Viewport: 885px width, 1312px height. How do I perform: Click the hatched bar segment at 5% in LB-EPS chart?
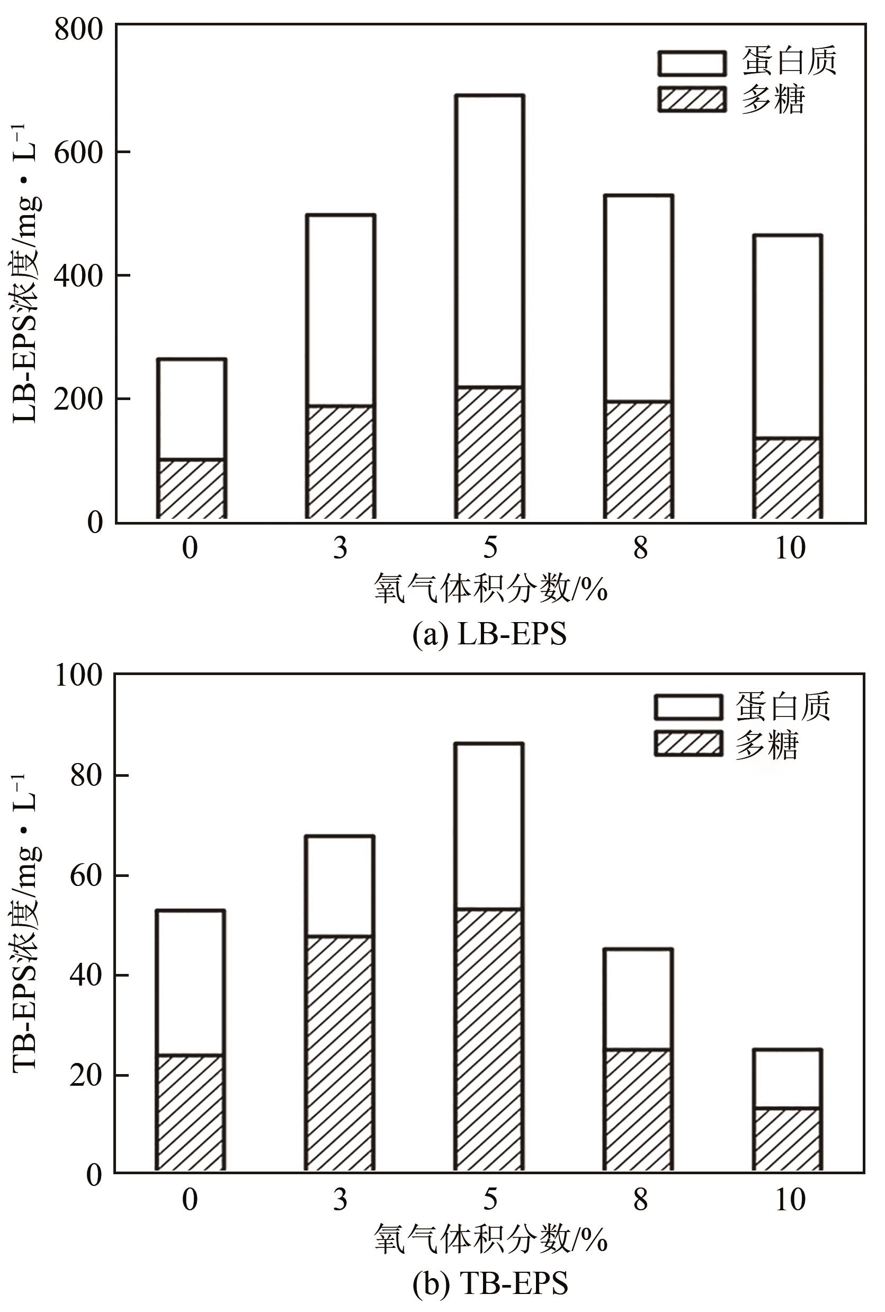pos(489,453)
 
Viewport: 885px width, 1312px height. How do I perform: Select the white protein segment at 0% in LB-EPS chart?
pos(191,409)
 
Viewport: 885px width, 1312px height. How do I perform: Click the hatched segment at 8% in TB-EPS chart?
pos(638,1110)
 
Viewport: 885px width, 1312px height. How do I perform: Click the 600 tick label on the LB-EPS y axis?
pos(79,153)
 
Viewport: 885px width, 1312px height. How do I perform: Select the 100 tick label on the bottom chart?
pos(79,675)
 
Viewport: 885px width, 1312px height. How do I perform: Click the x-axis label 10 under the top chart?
pos(790,547)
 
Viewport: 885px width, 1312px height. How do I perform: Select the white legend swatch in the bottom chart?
pos(688,707)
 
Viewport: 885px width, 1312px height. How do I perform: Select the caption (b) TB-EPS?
pos(489,1285)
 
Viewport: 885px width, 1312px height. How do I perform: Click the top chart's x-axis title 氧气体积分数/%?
pos(489,590)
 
